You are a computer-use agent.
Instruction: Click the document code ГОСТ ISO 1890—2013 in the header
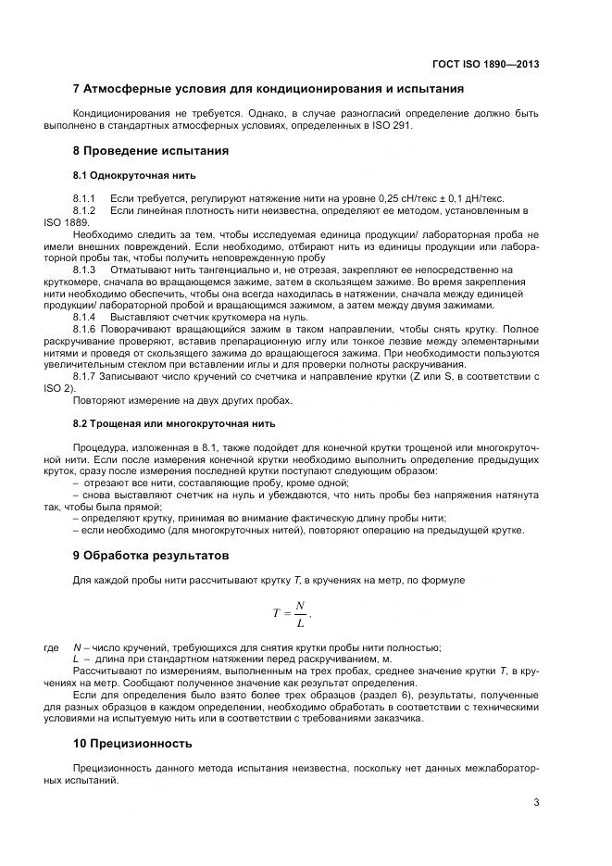[485, 64]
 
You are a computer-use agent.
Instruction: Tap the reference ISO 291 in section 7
[393, 126]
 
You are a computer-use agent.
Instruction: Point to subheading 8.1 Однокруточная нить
[134, 175]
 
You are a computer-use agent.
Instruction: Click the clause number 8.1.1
[85, 199]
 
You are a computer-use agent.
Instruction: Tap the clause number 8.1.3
[85, 270]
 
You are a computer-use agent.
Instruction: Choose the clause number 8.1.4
[85, 317]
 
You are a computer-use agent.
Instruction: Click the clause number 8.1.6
[85, 329]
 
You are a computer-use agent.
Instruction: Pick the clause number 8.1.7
[85, 376]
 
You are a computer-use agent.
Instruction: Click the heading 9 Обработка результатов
[150, 556]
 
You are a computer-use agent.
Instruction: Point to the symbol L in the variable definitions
[76, 658]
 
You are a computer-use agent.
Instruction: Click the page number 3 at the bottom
[536, 802]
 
